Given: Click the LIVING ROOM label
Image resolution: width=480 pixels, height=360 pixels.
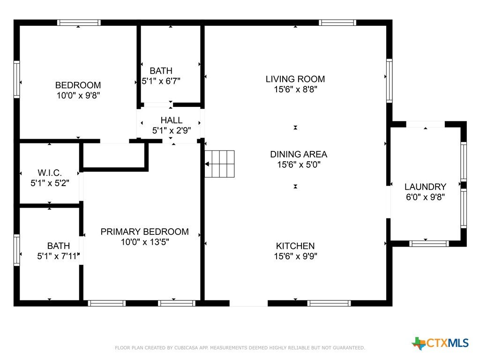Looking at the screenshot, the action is (295, 79).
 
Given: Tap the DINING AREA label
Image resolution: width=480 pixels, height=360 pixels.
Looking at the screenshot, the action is (299, 154).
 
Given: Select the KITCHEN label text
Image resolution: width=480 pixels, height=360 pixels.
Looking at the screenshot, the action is (295, 246).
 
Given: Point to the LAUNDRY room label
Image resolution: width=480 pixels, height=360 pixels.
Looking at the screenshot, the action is (425, 187).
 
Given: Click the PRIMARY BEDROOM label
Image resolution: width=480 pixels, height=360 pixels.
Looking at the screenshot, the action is (144, 232).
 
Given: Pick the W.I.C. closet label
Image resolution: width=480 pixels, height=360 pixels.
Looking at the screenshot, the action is (50, 172).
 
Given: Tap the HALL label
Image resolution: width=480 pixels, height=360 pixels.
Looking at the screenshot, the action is (172, 120).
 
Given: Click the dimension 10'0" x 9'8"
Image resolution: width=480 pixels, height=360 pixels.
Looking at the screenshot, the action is (78, 96).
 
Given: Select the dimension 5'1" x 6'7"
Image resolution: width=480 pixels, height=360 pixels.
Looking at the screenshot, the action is (161, 81).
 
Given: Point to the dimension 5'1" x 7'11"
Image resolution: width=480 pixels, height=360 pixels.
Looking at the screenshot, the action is (59, 256).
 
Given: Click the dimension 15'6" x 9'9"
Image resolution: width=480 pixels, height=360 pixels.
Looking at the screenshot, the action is (295, 256).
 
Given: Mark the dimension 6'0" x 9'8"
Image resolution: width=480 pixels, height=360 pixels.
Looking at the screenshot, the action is (425, 197).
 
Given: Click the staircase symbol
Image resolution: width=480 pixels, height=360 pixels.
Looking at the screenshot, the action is (219, 164).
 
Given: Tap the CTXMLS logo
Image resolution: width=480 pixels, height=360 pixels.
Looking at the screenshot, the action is (440, 343).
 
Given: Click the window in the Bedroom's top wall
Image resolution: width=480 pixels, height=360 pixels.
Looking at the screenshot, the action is (79, 22).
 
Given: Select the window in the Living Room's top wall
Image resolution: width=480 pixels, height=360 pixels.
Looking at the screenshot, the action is (337, 22).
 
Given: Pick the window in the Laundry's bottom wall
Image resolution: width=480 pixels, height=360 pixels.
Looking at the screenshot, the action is (429, 244).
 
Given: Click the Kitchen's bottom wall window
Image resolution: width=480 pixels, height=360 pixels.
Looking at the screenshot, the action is (329, 303).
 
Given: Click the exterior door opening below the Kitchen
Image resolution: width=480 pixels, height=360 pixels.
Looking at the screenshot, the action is (248, 303).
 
